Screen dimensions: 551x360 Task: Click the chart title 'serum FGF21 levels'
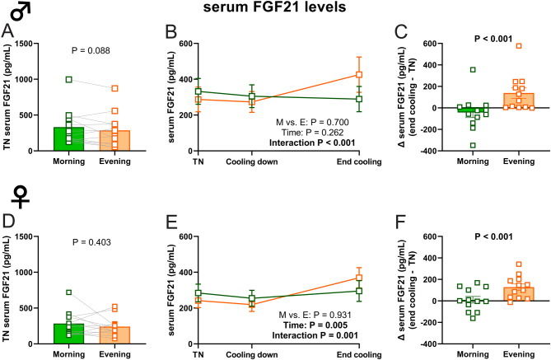coord(275,7)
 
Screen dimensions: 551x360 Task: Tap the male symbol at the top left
coord(21,12)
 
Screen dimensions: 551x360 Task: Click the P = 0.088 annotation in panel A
coord(91,50)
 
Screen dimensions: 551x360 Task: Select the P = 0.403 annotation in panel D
coord(91,242)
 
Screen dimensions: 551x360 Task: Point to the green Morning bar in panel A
coord(69,139)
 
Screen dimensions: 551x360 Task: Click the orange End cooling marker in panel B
coord(359,74)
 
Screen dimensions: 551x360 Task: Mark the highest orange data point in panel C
coord(519,46)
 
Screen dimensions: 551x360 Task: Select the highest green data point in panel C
coord(473,69)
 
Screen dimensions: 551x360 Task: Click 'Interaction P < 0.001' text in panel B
coord(312,143)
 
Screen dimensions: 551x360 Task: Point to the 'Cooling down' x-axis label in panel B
coord(251,161)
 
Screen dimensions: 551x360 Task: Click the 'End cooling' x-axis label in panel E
coord(359,355)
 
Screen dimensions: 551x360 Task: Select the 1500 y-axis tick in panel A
coord(32,44)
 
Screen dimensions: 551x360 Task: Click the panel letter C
coord(401,32)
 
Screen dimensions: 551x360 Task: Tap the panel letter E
coord(171,223)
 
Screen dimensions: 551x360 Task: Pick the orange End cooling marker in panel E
coord(359,278)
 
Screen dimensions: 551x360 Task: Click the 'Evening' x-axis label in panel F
coord(519,354)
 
